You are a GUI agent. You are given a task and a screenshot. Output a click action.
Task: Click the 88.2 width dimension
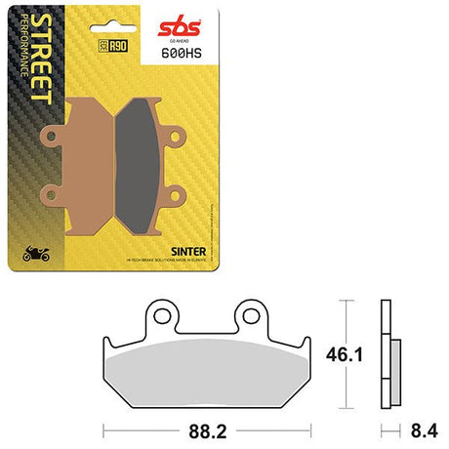209,427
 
